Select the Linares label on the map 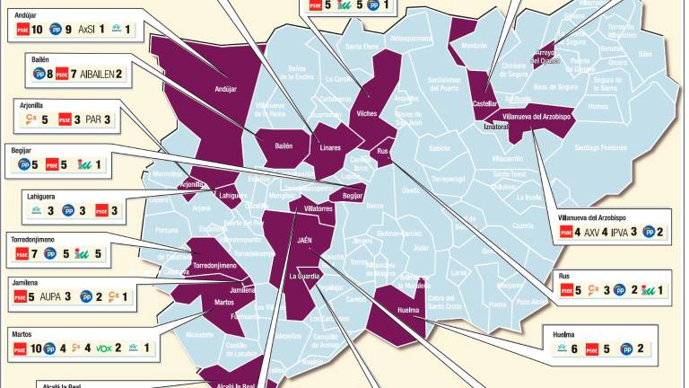329,147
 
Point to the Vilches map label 366,114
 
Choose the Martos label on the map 224,302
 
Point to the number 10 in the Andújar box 38,30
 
